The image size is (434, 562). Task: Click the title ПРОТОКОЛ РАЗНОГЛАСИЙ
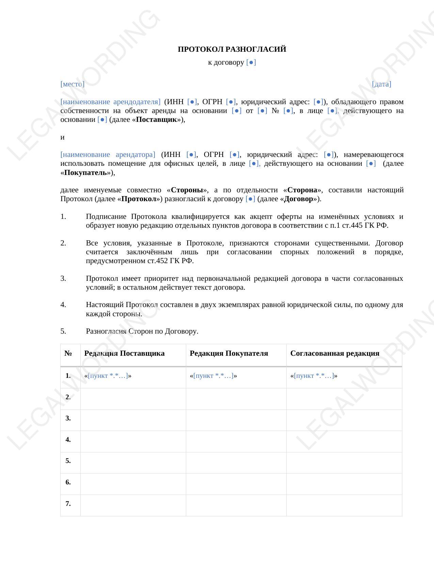point(232,49)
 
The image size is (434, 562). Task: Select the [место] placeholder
point(72,84)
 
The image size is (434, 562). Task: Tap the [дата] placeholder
point(381,84)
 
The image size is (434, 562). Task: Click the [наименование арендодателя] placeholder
point(110,102)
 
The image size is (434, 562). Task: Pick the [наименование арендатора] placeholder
point(108,155)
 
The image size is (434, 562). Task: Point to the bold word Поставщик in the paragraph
point(156,119)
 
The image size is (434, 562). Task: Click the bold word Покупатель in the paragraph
point(85,173)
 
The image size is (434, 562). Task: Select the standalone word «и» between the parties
point(62,137)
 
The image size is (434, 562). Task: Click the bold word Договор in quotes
point(298,199)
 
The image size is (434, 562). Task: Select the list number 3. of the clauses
point(63,278)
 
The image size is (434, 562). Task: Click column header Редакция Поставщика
point(124,353)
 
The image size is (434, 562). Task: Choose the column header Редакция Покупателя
point(229,353)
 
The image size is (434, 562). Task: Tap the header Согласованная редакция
point(335,353)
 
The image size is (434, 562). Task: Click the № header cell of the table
point(68,353)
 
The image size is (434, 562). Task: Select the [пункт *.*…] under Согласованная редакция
point(314,376)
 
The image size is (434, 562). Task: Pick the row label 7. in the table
point(68,503)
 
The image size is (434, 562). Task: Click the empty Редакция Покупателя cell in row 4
point(236,441)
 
